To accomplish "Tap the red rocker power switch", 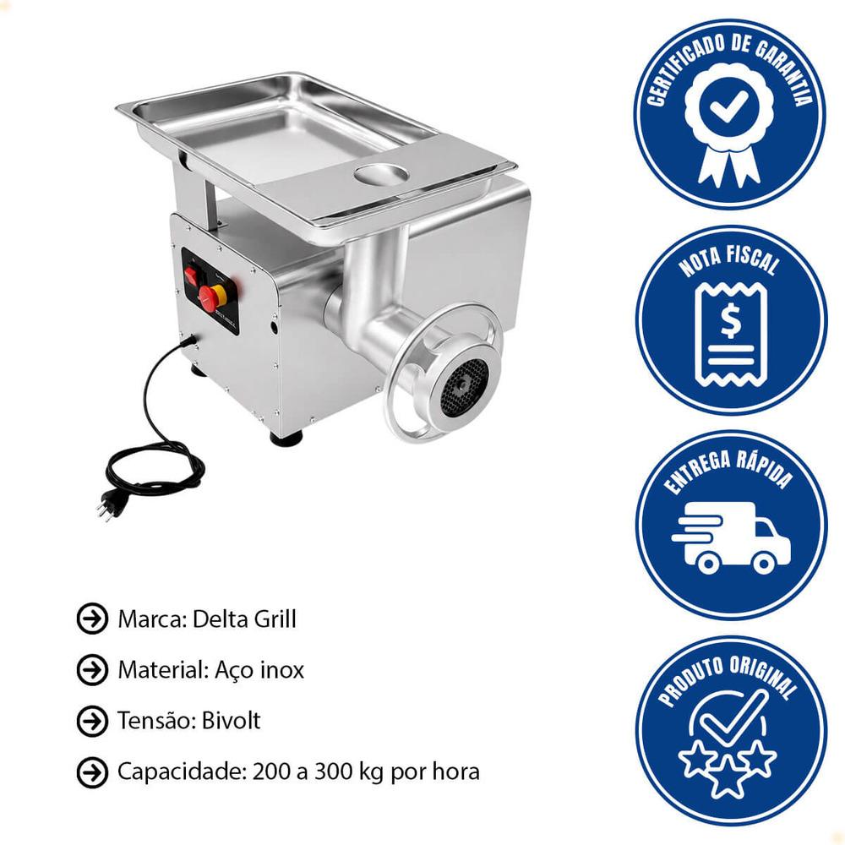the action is click(191, 276).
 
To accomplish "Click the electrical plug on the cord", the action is click(107, 509).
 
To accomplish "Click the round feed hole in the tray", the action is click(381, 173).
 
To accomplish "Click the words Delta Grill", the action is click(244, 619).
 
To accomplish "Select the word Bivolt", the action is click(232, 721).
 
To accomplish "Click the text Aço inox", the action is click(259, 670).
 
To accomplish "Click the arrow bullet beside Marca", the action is click(92, 619).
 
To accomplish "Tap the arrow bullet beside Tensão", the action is click(92, 721).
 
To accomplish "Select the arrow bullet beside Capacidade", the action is click(92, 771).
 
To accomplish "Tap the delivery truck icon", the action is click(731, 537).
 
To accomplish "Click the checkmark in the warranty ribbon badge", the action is click(729, 106).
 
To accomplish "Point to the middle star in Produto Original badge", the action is click(728, 774).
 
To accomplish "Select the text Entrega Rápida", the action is click(728, 471).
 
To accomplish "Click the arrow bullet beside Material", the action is click(92, 670).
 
